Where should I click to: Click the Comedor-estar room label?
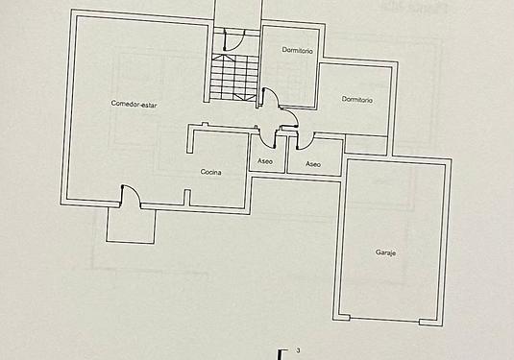[134, 104]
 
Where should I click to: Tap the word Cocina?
[210, 172]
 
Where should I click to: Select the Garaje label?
[385, 252]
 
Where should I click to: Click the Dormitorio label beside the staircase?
[297, 50]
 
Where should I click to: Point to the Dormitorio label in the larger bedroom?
[357, 99]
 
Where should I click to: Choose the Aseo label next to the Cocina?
[265, 161]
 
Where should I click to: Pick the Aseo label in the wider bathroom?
[313, 164]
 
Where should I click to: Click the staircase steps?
[234, 78]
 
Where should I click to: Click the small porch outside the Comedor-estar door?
[131, 226]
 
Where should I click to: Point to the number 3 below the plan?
[298, 350]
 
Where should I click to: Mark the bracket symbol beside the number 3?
[280, 354]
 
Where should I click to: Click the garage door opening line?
[384, 319]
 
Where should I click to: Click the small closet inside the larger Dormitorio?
[366, 145]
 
